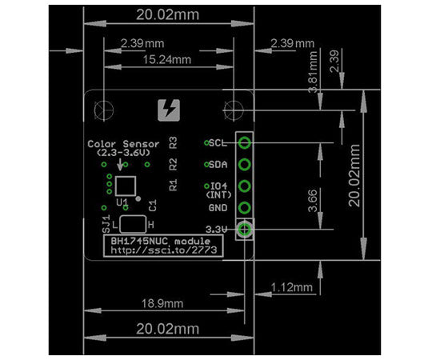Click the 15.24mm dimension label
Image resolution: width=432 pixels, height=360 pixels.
click(x=167, y=60)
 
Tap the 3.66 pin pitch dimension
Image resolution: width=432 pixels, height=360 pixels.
click(x=313, y=195)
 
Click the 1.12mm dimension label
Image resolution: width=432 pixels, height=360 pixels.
click(x=291, y=286)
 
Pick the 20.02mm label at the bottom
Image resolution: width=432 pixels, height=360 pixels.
click(x=166, y=329)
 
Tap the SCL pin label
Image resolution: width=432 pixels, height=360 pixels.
click(x=218, y=144)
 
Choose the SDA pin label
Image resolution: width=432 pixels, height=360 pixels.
click(x=218, y=166)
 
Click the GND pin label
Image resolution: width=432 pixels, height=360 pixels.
click(x=218, y=208)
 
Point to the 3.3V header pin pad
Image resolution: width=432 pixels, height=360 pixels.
click(x=246, y=230)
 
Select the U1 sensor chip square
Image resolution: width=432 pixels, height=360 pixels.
click(x=124, y=186)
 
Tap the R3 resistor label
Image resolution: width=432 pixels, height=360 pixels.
click(x=174, y=143)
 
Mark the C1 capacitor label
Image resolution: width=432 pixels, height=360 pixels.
click(x=152, y=206)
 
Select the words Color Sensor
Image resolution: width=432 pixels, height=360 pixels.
click(x=124, y=144)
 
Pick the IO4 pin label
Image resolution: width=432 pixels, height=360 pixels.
click(x=218, y=186)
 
